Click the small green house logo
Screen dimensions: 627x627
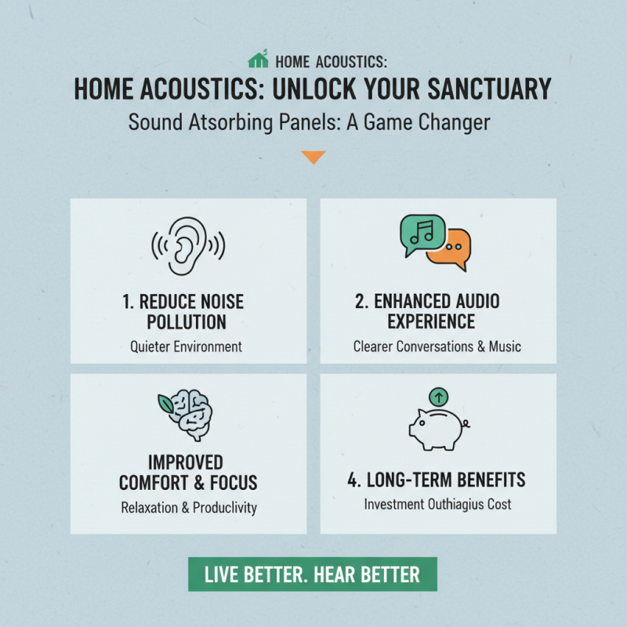click(x=258, y=60)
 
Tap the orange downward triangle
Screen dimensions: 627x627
click(x=313, y=158)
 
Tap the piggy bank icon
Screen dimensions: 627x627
click(x=437, y=427)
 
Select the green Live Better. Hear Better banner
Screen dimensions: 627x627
click(x=312, y=574)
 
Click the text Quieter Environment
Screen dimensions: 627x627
click(x=187, y=346)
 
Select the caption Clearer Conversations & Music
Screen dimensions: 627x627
click(x=437, y=346)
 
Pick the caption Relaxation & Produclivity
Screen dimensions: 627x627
click(x=189, y=507)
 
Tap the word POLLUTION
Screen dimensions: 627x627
click(x=186, y=322)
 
